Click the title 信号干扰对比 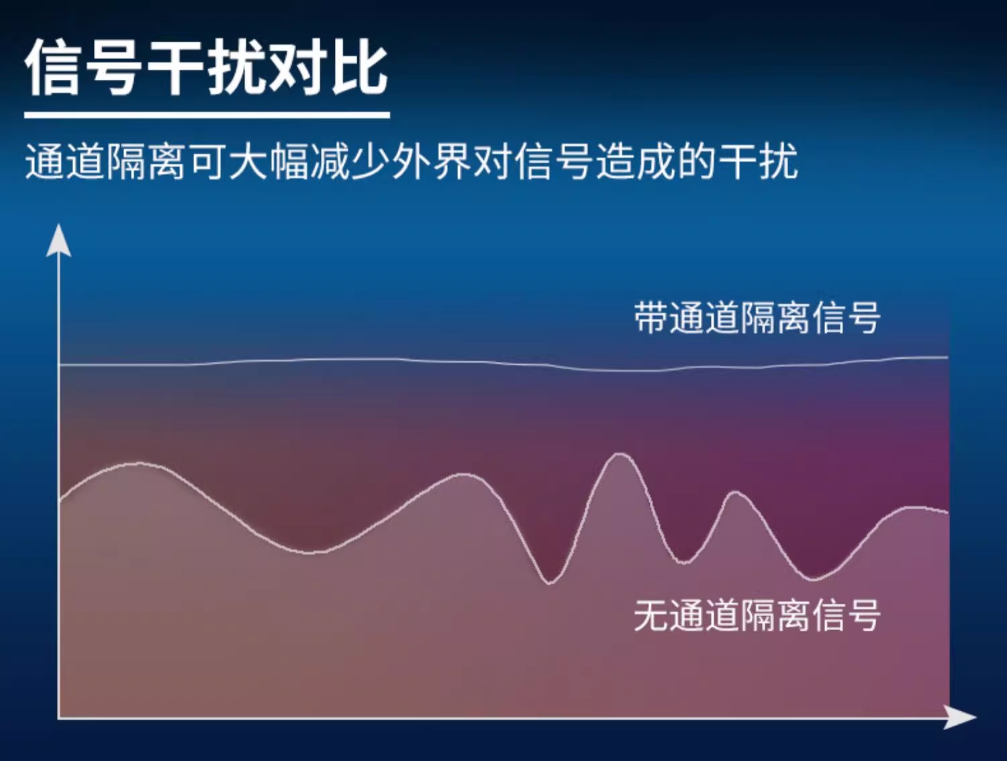click(x=207, y=67)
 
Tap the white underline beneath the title click(x=207, y=115)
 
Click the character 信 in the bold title click(x=53, y=67)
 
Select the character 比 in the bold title click(x=360, y=67)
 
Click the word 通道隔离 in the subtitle click(x=105, y=161)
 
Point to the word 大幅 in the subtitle click(x=269, y=161)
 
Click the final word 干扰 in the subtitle click(x=759, y=161)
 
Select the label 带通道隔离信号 click(x=757, y=317)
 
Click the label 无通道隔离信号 click(x=757, y=615)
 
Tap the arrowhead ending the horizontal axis click(x=960, y=717)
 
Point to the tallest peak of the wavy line click(x=620, y=454)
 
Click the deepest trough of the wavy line click(x=550, y=584)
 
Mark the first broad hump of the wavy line click(x=138, y=464)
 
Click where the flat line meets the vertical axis click(x=59, y=365)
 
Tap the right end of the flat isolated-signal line click(x=948, y=357)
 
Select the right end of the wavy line click(x=948, y=513)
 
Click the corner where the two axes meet click(x=59, y=717)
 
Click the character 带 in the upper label click(x=651, y=317)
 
